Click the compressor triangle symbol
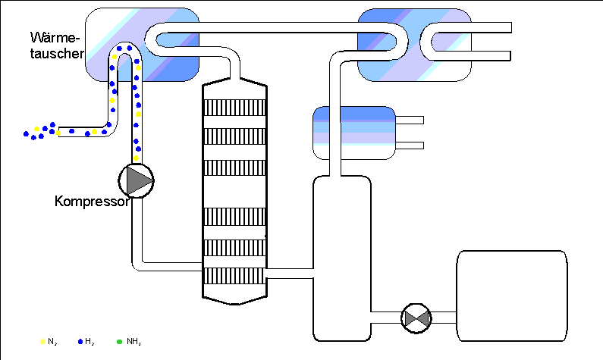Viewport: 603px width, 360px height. (137, 180)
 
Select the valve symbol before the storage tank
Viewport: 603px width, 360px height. (416, 316)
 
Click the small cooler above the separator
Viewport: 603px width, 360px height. (354, 132)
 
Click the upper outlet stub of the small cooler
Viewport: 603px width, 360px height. (410, 120)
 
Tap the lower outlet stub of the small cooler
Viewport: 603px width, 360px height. (410, 144)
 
